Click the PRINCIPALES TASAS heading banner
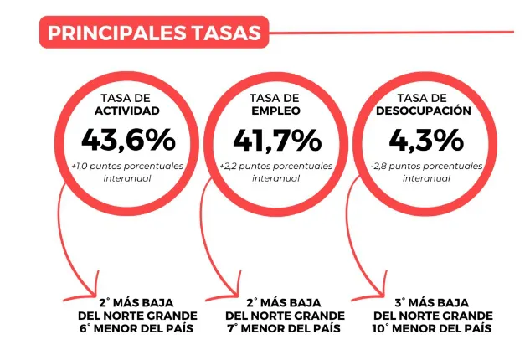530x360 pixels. click(x=154, y=33)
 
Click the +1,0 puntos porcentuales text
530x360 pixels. click(x=128, y=166)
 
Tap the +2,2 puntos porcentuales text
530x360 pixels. click(x=276, y=166)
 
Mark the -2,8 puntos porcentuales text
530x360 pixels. click(x=425, y=166)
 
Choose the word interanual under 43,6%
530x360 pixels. click(x=128, y=178)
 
